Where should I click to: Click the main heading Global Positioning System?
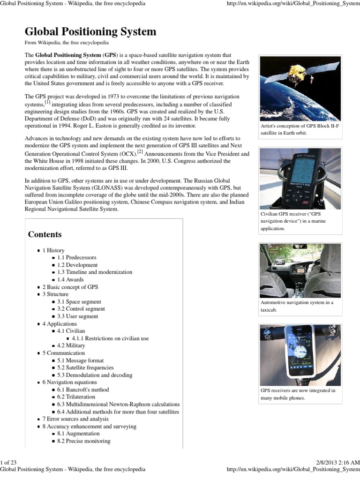click(x=90, y=32)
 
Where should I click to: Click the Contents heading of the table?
click(x=45, y=234)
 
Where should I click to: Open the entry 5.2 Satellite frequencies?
click(x=85, y=368)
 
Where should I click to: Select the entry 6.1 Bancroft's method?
click(x=83, y=390)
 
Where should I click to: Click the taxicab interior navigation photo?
click(x=300, y=270)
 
